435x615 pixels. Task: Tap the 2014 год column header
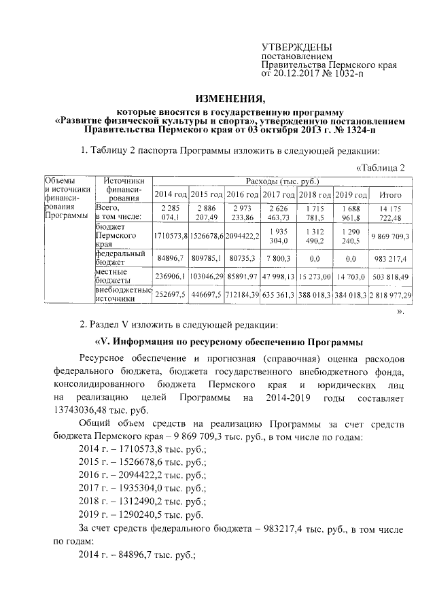[x=170, y=195]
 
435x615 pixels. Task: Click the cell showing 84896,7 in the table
[x=170, y=259]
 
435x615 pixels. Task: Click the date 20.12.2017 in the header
[x=298, y=72]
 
